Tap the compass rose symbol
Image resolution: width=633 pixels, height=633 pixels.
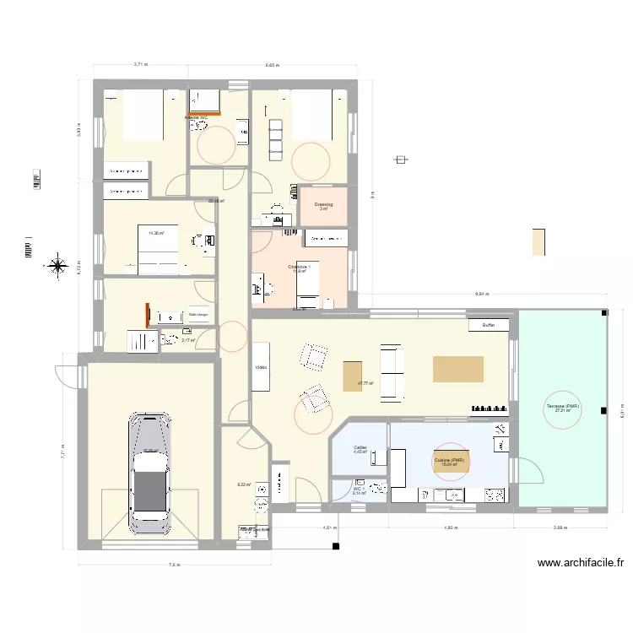pos(57,268)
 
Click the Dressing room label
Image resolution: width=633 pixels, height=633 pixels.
pos(323,205)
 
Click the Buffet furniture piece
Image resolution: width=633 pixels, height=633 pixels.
pos(488,325)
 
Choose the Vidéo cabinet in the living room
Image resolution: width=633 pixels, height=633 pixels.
pos(261,368)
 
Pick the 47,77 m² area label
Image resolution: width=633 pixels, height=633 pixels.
pos(365,383)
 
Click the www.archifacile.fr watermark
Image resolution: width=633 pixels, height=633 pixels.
pos(580,564)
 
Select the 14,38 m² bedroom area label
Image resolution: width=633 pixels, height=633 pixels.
pos(156,233)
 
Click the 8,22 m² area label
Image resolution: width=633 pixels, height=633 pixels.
pos(245,484)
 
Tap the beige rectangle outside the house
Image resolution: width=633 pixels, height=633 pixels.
pos(538,242)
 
